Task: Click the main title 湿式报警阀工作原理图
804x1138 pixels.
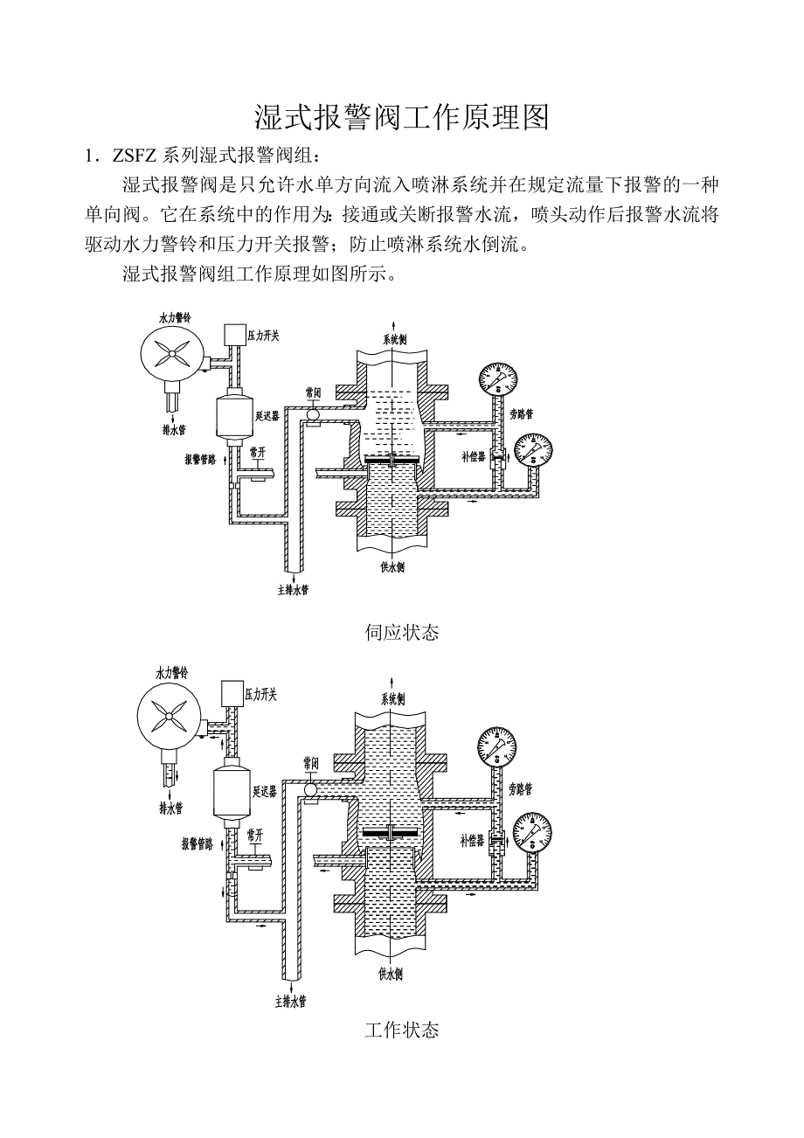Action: (401, 118)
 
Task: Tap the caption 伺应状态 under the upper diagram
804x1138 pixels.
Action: (401, 632)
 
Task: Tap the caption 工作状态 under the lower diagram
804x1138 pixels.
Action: (401, 1030)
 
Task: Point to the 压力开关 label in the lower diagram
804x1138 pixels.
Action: (261, 694)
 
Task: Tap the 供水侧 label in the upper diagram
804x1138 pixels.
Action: (392, 566)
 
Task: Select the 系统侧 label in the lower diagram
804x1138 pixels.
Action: (392, 698)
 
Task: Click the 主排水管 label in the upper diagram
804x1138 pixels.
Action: (293, 590)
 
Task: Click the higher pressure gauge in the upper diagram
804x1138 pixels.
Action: (497, 378)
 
